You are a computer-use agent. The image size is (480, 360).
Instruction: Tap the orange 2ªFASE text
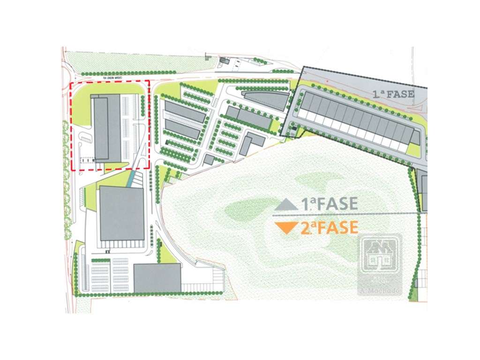(330, 228)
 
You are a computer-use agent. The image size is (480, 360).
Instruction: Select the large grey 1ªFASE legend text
(330, 204)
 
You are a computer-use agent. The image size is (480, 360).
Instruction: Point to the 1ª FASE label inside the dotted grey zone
(393, 94)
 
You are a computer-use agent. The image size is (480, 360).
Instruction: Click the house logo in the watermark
(379, 255)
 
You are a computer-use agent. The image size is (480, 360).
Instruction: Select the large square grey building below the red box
(121, 213)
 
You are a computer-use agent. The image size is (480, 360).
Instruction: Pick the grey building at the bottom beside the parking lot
(157, 277)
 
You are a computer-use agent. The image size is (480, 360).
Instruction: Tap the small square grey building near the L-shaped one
(209, 160)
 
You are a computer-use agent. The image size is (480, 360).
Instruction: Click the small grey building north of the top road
(224, 60)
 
